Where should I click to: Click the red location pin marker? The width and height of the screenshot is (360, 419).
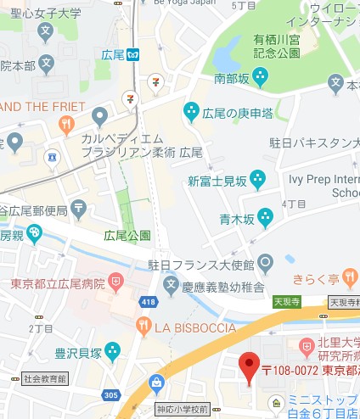(x=248, y=366)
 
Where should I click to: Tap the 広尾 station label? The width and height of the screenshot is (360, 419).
(x=113, y=54)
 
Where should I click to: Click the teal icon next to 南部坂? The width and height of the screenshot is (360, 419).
(x=259, y=78)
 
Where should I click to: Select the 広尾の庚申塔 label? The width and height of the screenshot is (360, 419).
(x=237, y=112)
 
